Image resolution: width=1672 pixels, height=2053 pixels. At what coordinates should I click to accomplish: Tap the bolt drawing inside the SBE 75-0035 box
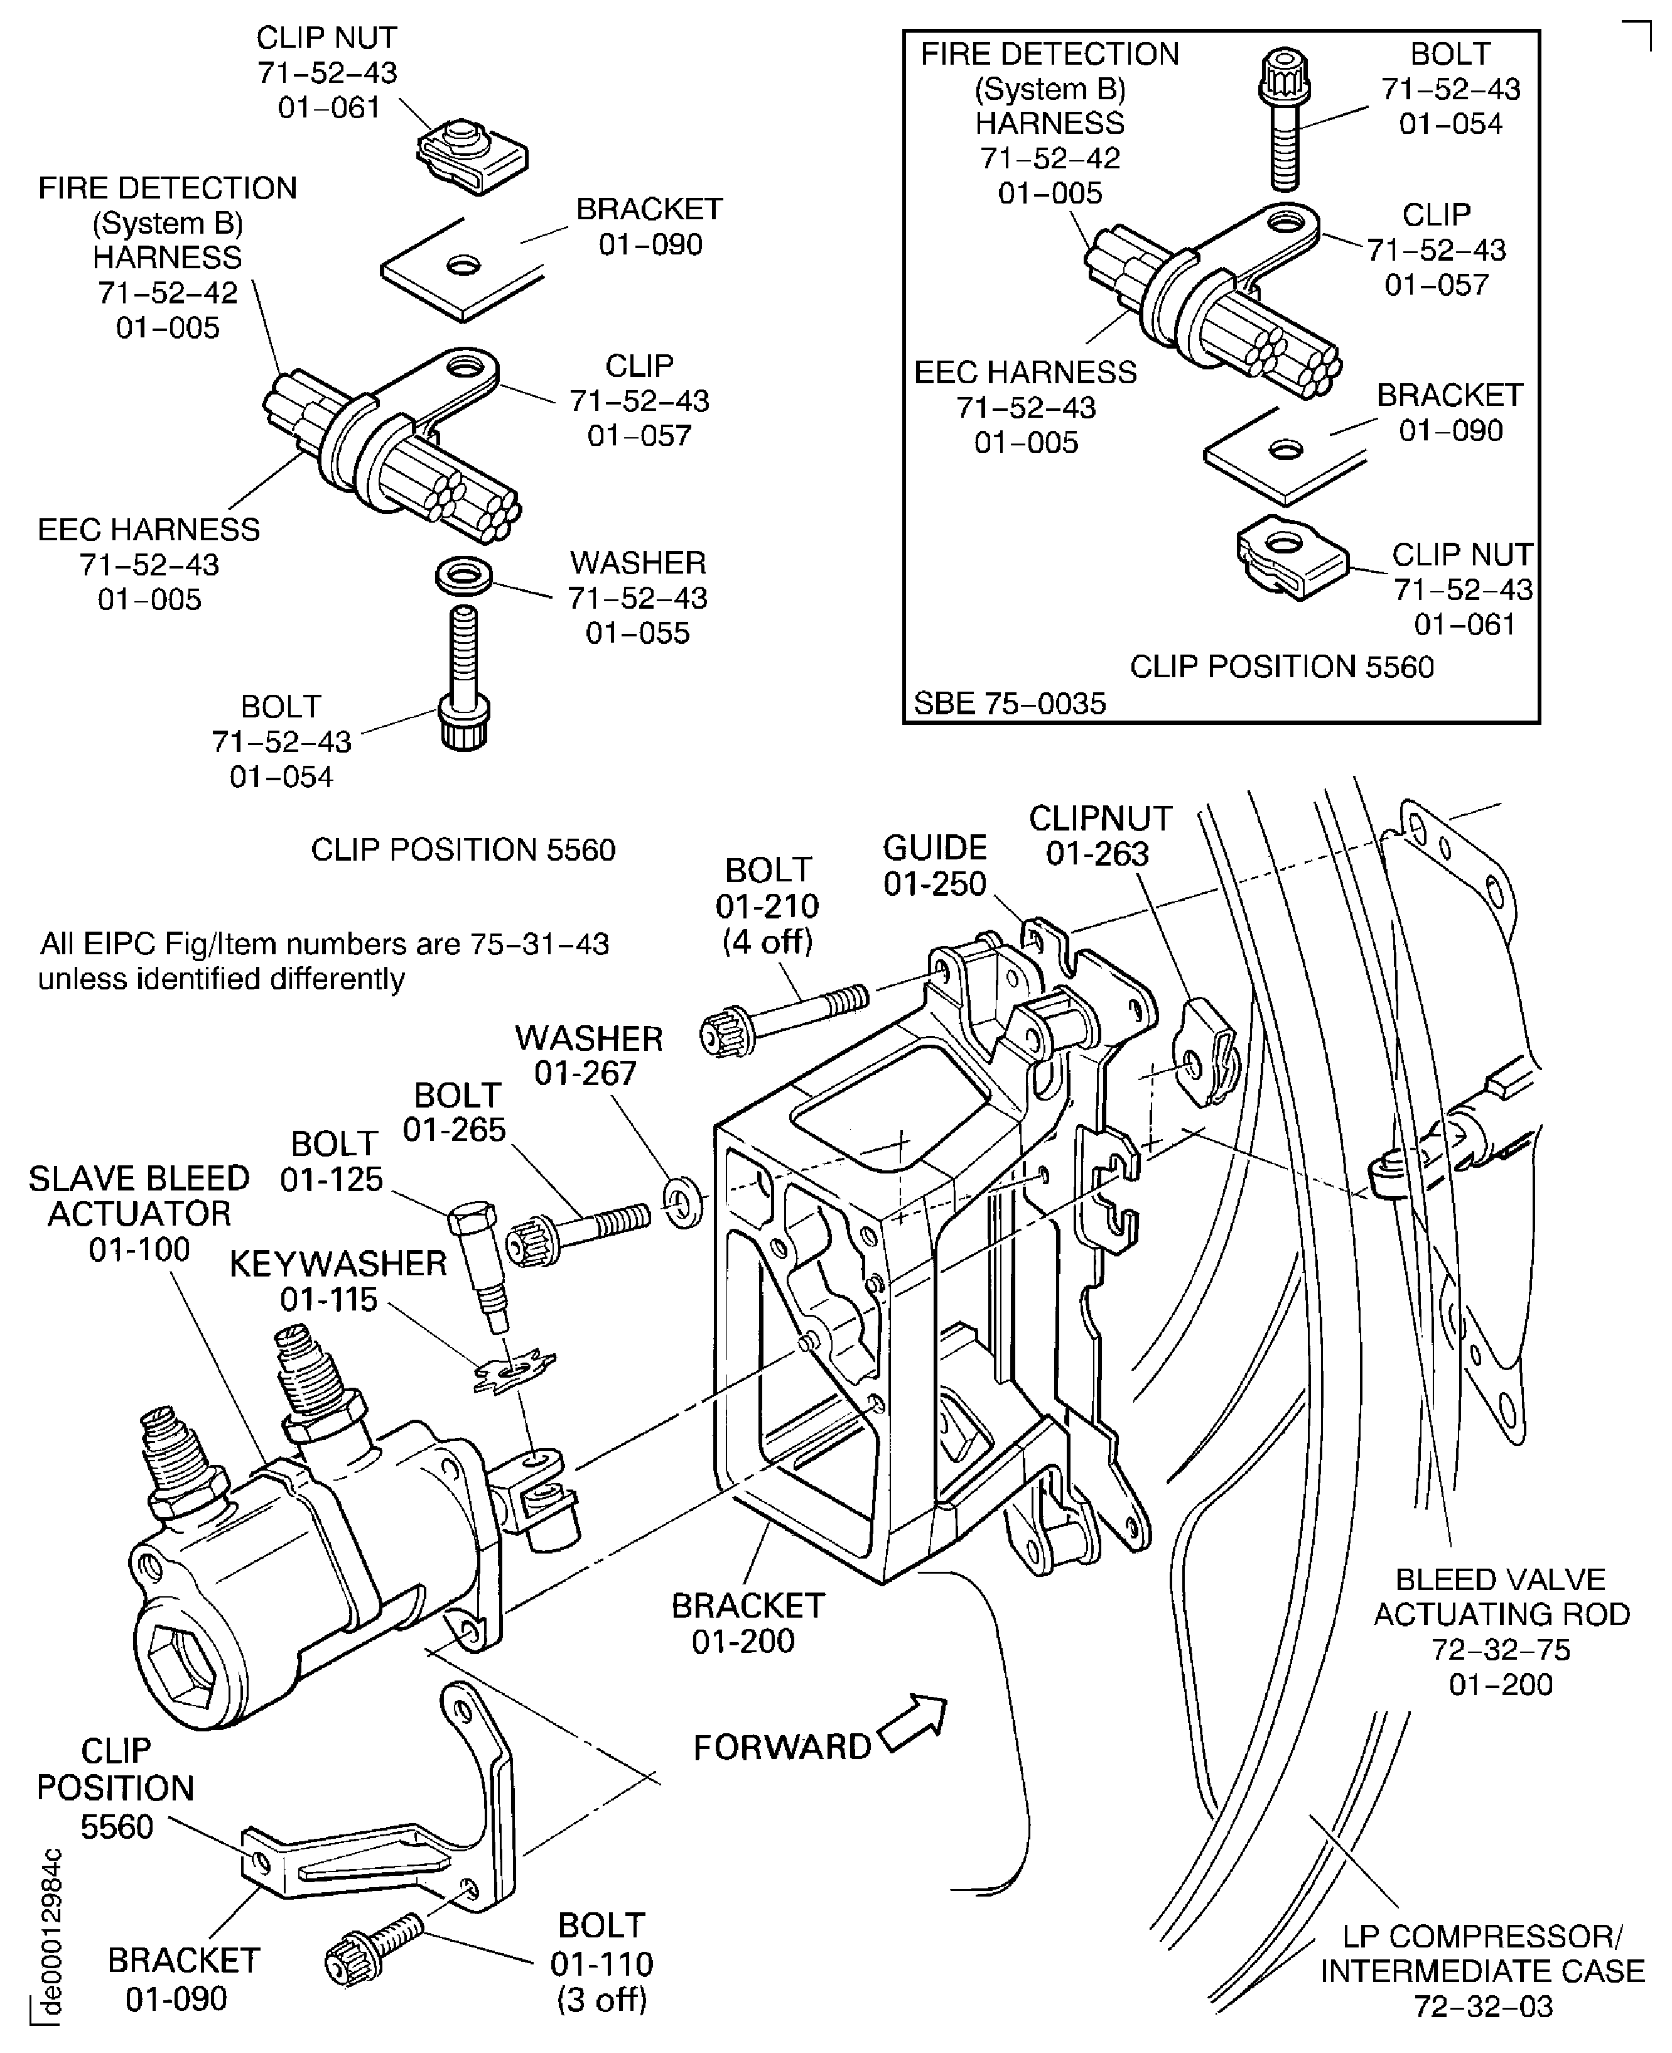[1285, 121]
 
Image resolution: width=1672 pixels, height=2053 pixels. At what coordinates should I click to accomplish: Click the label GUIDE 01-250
[934, 865]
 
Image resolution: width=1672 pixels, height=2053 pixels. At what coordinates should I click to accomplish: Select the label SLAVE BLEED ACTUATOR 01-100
[139, 1214]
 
